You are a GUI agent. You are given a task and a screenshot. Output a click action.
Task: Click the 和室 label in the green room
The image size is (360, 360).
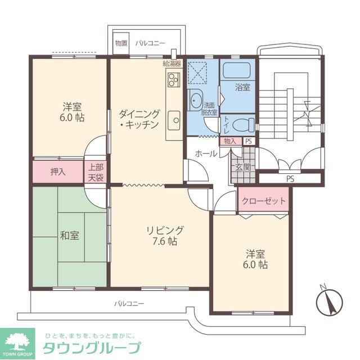click(x=70, y=235)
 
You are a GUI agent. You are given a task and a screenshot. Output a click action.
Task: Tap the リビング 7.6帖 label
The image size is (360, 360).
click(x=164, y=236)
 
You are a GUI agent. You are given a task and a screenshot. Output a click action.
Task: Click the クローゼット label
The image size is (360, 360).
click(x=263, y=201)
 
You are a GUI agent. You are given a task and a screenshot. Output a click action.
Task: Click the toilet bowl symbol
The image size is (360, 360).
click(x=242, y=124)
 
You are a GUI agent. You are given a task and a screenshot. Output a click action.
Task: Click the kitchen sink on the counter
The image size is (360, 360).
click(x=174, y=120)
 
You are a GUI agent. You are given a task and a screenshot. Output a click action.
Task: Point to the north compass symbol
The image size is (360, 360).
click(x=329, y=302)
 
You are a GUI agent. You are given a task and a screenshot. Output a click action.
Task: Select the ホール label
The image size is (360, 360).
click(x=206, y=153)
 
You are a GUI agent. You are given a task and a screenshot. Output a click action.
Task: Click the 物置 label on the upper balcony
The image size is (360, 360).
click(x=121, y=43)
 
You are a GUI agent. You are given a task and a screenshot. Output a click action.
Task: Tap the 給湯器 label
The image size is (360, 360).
click(x=172, y=63)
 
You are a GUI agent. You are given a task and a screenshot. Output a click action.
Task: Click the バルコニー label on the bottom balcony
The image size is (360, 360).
click(x=129, y=303)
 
